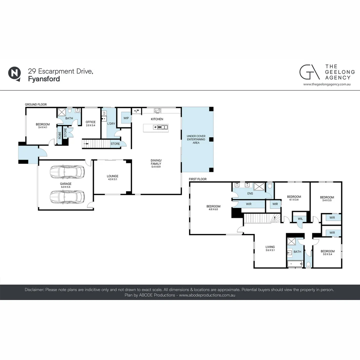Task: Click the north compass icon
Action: click(x=14, y=73)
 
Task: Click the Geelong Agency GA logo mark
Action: click(x=309, y=72)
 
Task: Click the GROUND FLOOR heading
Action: click(x=36, y=105)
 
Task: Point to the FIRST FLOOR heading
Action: click(x=198, y=179)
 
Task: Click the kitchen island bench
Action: click(x=156, y=127)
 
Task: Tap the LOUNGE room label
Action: click(x=112, y=176)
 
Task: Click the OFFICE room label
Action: click(x=90, y=122)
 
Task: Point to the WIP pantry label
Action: click(x=126, y=118)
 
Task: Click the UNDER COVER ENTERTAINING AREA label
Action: click(x=196, y=139)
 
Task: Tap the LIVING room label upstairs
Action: click(x=270, y=247)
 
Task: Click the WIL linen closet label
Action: click(x=300, y=219)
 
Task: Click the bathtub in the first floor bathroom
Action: click(x=295, y=264)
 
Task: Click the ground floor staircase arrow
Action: click(x=87, y=144)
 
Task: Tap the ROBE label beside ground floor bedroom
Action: click(x=60, y=136)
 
